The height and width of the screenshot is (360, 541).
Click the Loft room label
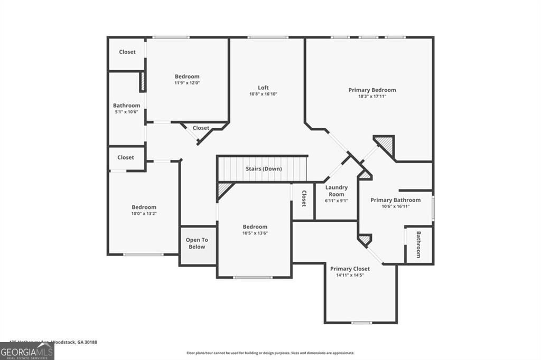pos(263,88)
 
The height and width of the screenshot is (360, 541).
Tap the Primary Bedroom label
pos(372,90)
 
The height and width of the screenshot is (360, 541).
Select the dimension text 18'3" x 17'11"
pos(372,97)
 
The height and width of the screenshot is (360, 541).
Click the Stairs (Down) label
pos(264,169)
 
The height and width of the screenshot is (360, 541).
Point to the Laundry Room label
pos(336,191)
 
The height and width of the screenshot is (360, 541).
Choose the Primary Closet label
pos(350,269)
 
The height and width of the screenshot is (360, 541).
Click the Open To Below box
pos(197,243)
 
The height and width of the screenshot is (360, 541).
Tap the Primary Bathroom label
pos(395,200)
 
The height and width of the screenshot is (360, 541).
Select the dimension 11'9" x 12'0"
pos(187,83)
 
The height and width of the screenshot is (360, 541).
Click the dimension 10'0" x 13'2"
pos(144,214)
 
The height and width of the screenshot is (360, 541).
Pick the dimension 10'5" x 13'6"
pos(255,233)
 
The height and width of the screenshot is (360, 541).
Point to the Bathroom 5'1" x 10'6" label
pos(126,106)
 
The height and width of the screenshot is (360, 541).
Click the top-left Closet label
pos(127,52)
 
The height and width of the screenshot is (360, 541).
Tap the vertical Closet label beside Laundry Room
pos(304,199)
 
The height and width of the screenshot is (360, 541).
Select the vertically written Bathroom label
pos(418,244)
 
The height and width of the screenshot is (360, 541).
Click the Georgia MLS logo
pos(27,352)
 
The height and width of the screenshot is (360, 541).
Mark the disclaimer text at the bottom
pos(270,353)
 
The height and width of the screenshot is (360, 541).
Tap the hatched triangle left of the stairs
pos(224,188)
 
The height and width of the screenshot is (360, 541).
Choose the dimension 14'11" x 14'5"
pos(350,275)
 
